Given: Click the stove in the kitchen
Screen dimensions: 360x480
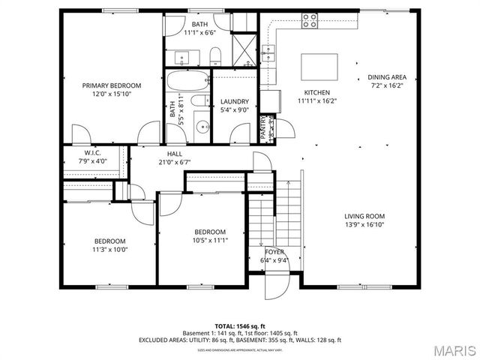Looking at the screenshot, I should [309, 22].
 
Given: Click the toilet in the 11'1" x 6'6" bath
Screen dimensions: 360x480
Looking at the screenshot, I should [214, 54].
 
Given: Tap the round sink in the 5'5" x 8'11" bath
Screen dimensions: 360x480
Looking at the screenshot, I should [201, 127].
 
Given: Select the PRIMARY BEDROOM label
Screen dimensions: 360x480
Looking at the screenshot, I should [112, 85].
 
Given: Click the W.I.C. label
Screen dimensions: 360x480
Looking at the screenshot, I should [94, 152].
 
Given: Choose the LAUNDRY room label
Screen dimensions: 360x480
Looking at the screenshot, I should [234, 102].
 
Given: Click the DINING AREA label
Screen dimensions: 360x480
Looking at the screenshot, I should [386, 77].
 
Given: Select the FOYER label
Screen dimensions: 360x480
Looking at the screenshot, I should [274, 252].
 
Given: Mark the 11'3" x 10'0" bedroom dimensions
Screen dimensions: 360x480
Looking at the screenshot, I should [110, 249].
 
